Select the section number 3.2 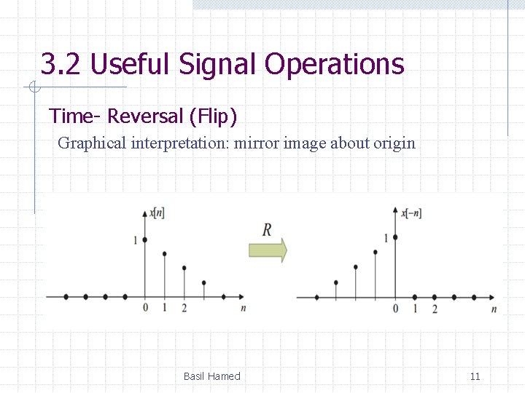pos(61,64)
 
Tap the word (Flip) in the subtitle pos(212,116)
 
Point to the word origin pos(394,143)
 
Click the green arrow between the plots pos(268,250)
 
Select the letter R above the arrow pos(267,230)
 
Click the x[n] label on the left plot pos(157,213)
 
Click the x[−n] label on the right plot pos(411,213)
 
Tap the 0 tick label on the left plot pos(145,308)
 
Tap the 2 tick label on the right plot pos(435,309)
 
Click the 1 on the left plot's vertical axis pos(136,239)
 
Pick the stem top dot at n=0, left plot pos(145,239)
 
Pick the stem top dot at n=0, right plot pos(395,237)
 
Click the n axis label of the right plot pos(494,309)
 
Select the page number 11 pos(475,376)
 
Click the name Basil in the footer pos(194,376)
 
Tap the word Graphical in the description pos(92,143)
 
